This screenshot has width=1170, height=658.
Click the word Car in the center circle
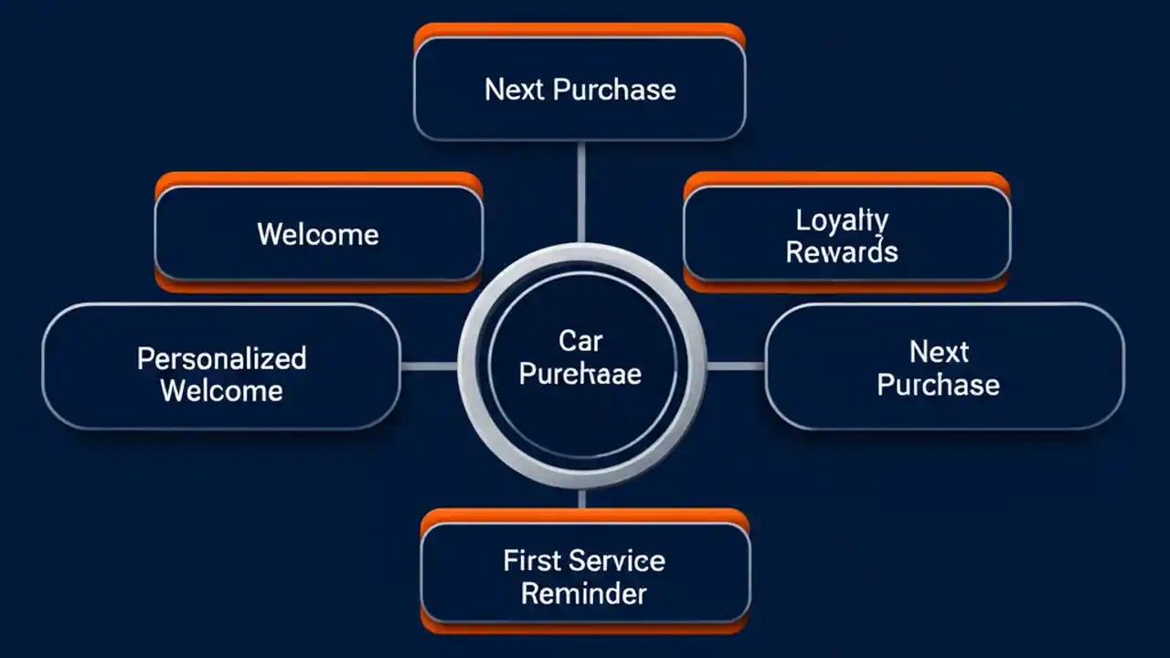[x=580, y=342]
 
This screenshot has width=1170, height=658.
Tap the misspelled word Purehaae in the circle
[x=580, y=374]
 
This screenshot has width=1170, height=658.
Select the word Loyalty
[x=842, y=220]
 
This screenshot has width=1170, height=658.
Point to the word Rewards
[x=842, y=252]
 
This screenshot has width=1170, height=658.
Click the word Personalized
[x=221, y=357]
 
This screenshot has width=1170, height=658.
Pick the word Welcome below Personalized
[x=221, y=391]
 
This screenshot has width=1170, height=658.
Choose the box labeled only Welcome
[x=318, y=234]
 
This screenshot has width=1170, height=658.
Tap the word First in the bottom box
[x=532, y=560]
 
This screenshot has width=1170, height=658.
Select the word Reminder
[x=584, y=593]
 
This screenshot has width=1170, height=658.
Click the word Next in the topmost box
[x=514, y=90]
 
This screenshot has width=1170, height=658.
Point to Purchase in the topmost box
[x=615, y=90]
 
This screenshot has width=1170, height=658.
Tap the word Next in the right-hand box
[x=939, y=352]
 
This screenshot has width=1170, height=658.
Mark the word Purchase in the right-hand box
[x=939, y=385]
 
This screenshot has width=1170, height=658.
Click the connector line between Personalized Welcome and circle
[x=429, y=366]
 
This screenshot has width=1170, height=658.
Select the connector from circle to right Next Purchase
[x=736, y=366]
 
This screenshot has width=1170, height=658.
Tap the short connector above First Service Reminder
[x=581, y=499]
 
